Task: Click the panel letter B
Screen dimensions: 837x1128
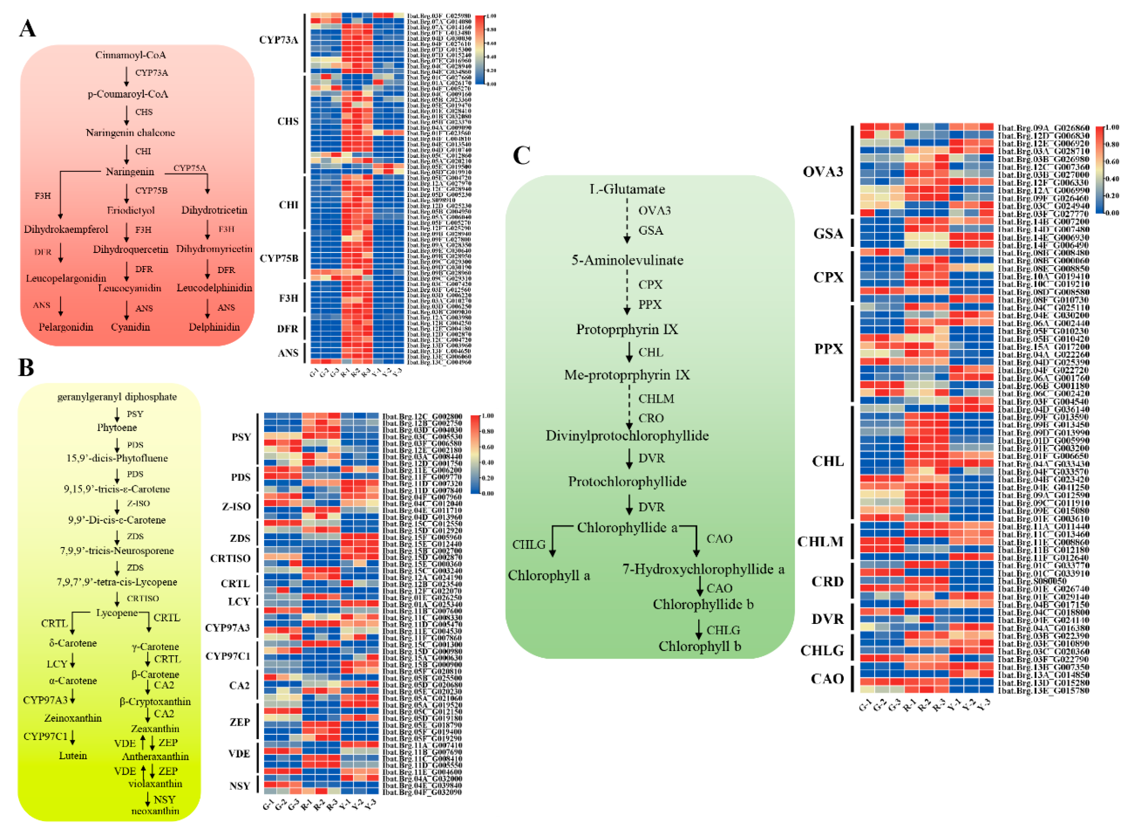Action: click(x=26, y=367)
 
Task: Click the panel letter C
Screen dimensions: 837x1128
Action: click(x=521, y=155)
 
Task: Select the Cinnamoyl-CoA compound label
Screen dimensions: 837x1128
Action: click(x=130, y=55)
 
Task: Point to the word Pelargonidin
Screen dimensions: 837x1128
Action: click(x=66, y=327)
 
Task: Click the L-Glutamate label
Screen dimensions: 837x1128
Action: click(x=627, y=189)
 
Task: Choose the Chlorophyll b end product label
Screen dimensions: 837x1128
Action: click(x=700, y=646)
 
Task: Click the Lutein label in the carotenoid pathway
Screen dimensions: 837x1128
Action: click(x=73, y=756)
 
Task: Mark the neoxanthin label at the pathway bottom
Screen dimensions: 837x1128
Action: click(x=155, y=811)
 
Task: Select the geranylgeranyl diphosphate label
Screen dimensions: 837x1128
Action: click(x=117, y=397)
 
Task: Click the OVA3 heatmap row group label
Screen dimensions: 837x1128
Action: click(x=823, y=172)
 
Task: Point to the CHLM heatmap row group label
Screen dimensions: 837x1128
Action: click(x=820, y=541)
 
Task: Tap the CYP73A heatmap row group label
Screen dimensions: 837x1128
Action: click(x=279, y=40)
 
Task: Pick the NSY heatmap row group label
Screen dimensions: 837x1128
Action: click(x=240, y=786)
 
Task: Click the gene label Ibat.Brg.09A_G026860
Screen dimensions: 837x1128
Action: click(x=1043, y=128)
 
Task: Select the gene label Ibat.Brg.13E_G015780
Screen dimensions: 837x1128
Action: click(x=1043, y=690)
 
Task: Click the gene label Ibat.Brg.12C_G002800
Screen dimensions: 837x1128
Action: click(x=422, y=416)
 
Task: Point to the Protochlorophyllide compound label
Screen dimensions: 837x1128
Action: click(x=627, y=481)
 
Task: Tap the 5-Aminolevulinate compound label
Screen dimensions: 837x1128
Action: click(x=627, y=260)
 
